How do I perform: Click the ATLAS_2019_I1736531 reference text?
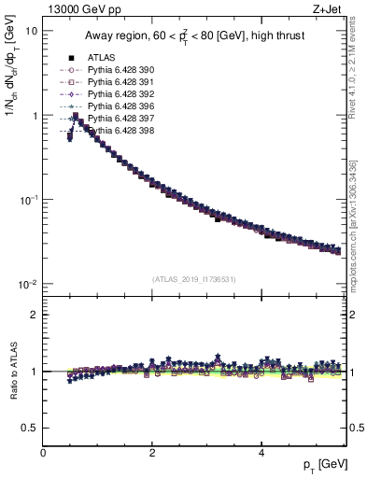pos(193,278)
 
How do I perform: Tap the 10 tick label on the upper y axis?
pos(31,31)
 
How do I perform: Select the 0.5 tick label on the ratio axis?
pos(29,428)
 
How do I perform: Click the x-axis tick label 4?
pos(261,453)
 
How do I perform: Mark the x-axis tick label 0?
pos(43,453)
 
